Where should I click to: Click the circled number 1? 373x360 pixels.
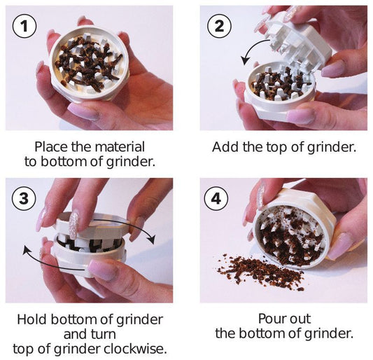(24, 26)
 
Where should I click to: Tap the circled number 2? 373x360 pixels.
(219, 26)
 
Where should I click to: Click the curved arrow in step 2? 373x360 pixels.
(250, 49)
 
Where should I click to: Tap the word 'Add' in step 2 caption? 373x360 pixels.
(225, 147)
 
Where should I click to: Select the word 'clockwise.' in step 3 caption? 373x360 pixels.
(135, 349)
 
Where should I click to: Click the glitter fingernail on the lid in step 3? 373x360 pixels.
(73, 225)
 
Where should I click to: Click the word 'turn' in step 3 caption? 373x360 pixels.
(104, 334)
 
